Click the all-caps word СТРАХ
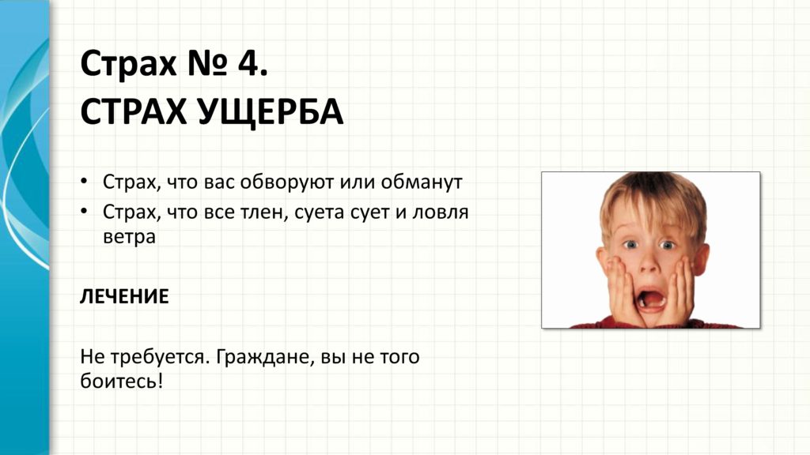tap(133, 111)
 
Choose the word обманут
tap(422, 182)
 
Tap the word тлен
tap(263, 212)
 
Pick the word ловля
tap(440, 212)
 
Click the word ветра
tap(129, 237)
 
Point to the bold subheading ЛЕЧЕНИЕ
tap(124, 297)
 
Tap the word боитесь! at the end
tap(122, 382)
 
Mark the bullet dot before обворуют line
tap(84, 182)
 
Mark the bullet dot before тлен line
tap(84, 212)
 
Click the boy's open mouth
tap(650, 299)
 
